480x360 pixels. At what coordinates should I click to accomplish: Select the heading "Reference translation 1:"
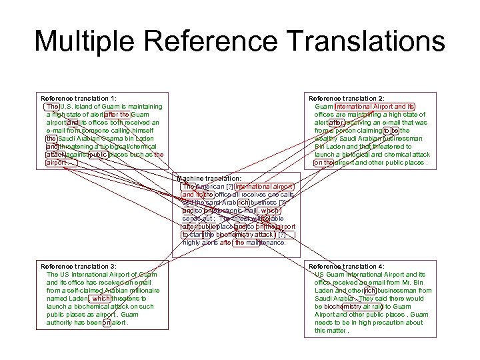coord(79,99)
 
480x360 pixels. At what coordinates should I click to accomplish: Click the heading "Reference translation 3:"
coord(79,267)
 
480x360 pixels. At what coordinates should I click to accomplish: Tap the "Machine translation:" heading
coord(209,179)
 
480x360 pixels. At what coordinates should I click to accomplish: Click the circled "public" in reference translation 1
coord(97,155)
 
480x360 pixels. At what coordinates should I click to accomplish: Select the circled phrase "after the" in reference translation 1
coord(117,115)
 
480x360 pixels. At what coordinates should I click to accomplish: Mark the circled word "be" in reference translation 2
coord(396,131)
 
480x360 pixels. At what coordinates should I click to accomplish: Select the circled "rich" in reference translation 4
coord(370,291)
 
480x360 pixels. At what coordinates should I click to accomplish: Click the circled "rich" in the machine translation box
coord(243,203)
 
